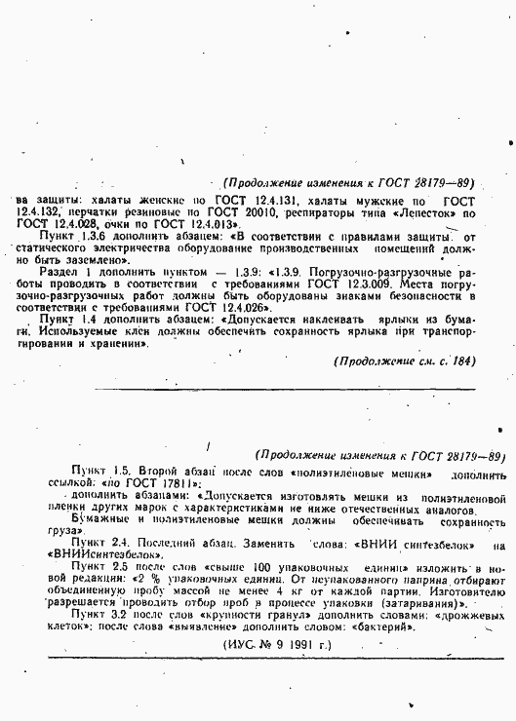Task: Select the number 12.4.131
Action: click(x=267, y=199)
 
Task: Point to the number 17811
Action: click(x=149, y=483)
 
